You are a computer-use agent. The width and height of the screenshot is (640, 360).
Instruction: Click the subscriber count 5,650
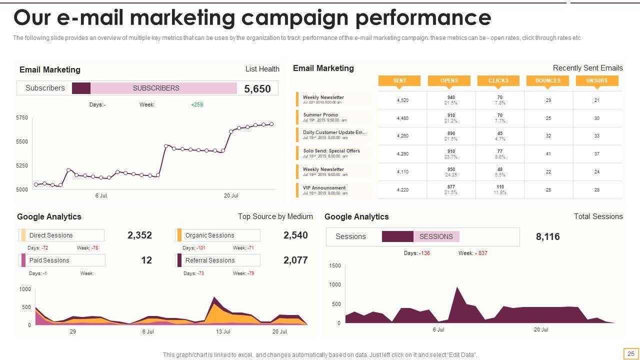pyautogui.click(x=257, y=89)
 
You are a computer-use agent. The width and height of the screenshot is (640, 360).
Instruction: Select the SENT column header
pyautogui.click(x=399, y=80)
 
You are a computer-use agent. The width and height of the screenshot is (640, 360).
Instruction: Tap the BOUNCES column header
pyautogui.click(x=548, y=80)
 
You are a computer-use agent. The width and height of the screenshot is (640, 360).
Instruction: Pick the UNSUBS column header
pyautogui.click(x=597, y=80)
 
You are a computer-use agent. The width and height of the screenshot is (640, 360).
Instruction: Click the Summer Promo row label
pyautogui.click(x=320, y=115)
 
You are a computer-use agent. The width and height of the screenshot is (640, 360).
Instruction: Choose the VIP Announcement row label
pyautogui.click(x=324, y=188)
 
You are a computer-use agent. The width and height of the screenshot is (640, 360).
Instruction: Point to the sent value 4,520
pyautogui.click(x=402, y=100)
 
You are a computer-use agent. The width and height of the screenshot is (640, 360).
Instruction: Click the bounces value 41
pyautogui.click(x=548, y=154)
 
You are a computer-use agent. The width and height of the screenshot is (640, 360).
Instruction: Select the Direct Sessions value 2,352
pyautogui.click(x=139, y=235)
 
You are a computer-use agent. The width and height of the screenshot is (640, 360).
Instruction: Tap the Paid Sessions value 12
pyautogui.click(x=146, y=260)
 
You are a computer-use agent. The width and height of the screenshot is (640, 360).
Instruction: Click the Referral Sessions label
pyautogui.click(x=209, y=260)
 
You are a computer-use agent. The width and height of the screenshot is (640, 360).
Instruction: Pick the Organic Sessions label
pyautogui.click(x=209, y=235)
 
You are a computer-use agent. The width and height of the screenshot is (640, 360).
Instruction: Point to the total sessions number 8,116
pyautogui.click(x=547, y=237)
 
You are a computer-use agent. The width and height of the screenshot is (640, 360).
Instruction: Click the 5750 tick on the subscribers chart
pyautogui.click(x=22, y=117)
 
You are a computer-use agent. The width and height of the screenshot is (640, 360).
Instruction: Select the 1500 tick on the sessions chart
pyautogui.click(x=335, y=266)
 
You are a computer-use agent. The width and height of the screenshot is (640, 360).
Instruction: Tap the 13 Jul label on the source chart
pyautogui.click(x=223, y=331)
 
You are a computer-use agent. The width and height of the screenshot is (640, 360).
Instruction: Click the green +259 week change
pyautogui.click(x=197, y=105)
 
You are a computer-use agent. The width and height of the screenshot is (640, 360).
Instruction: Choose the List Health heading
pyautogui.click(x=262, y=69)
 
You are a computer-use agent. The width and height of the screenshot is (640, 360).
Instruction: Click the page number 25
pyautogui.click(x=631, y=354)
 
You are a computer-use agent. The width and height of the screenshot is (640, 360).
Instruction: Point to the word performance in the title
pyautogui.click(x=423, y=18)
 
